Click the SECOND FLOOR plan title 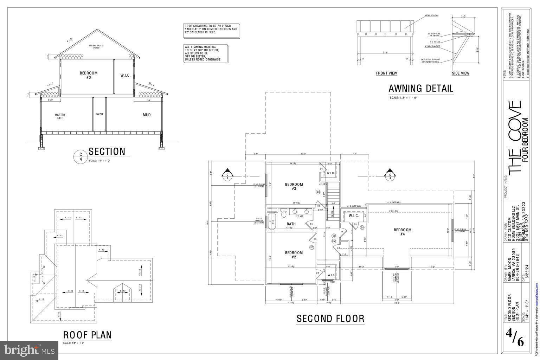pyautogui.click(x=330, y=319)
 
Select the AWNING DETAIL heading pyautogui.click(x=420, y=88)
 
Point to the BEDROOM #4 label pyautogui.click(x=403, y=232)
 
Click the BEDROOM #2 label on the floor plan pyautogui.click(x=294, y=255)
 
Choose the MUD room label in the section pyautogui.click(x=147, y=115)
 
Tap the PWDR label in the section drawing pyautogui.click(x=99, y=114)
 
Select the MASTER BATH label pyautogui.click(x=60, y=116)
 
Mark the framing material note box pyautogui.click(x=206, y=53)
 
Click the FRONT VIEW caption pyautogui.click(x=386, y=73)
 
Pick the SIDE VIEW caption pyautogui.click(x=460, y=73)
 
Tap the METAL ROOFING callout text pyautogui.click(x=432, y=16)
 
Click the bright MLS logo pyautogui.click(x=29, y=350)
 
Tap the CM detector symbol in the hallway pyautogui.click(x=334, y=241)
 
